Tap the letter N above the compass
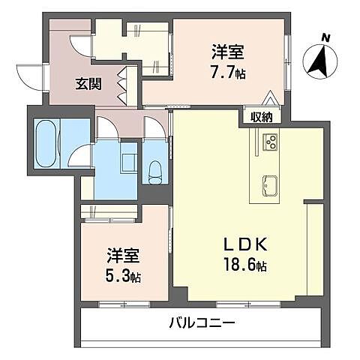(325, 36)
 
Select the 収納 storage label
(262, 116)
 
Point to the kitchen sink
(269, 184)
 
